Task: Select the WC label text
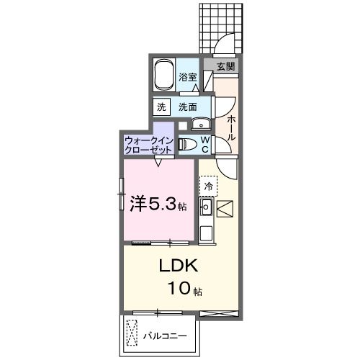pos(204,144)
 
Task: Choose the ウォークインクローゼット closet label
pos(148,144)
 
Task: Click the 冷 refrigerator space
pos(208,186)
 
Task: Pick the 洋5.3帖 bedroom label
pos(158,204)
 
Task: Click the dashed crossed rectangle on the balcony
pos(131,335)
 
